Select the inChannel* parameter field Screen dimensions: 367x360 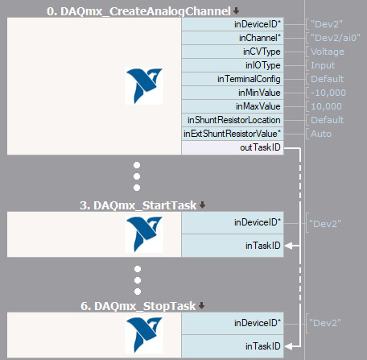pyautogui.click(x=233, y=38)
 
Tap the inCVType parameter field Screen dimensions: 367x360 pyautogui.click(x=233, y=52)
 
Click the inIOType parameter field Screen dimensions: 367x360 pyautogui.click(x=233, y=65)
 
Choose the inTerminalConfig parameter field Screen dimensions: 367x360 pyautogui.click(x=233, y=79)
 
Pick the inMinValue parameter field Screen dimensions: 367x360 pyautogui.click(x=233, y=93)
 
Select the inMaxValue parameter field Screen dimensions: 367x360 pyautogui.click(x=233, y=106)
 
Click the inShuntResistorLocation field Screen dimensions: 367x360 pyautogui.click(x=233, y=120)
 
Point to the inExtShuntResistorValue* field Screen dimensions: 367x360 pyautogui.click(x=233, y=134)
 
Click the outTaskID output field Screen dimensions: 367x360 pyautogui.click(x=233, y=147)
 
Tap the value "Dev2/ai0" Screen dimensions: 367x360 pyautogui.click(x=336, y=38)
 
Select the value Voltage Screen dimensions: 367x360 pyautogui.click(x=328, y=52)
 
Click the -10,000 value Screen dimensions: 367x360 pyautogui.click(x=328, y=93)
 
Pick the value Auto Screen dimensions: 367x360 pyautogui.click(x=321, y=134)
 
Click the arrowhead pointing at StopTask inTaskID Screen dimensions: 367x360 pyautogui.click(x=288, y=346)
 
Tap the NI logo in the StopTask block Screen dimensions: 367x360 pyautogui.click(x=144, y=335)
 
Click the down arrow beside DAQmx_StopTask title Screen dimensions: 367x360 pyautogui.click(x=202, y=305)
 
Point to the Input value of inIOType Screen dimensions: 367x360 pyautogui.click(x=323, y=65)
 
